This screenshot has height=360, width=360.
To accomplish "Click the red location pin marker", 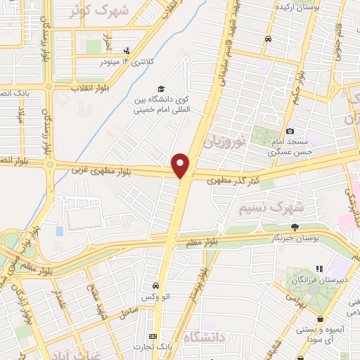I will (181, 165).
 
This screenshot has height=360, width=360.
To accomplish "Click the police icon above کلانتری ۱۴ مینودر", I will (127, 51).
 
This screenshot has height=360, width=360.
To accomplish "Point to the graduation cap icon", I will (161, 89).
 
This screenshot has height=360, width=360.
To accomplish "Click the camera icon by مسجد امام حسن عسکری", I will (290, 131).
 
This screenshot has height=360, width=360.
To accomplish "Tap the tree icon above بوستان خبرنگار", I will (295, 226).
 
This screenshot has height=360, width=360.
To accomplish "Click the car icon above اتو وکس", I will (155, 286).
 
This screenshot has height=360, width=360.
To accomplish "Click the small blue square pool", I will (59, 231).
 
